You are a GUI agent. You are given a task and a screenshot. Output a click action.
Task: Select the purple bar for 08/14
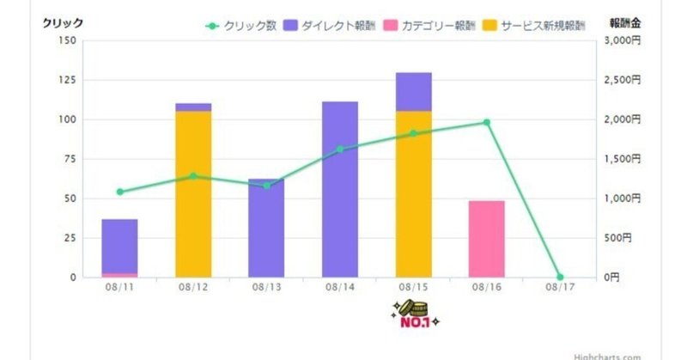click(339, 189)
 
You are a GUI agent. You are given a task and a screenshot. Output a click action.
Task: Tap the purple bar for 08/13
click(266, 228)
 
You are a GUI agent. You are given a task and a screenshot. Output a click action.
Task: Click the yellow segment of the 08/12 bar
click(193, 194)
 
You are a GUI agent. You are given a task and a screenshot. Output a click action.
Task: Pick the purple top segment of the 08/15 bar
click(413, 92)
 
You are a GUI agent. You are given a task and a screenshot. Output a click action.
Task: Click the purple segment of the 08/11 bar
click(119, 246)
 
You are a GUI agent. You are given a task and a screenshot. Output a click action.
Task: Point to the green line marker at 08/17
click(560, 277)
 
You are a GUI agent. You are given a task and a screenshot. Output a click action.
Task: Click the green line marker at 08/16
click(486, 123)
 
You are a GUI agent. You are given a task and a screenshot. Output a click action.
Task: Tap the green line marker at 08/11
click(119, 192)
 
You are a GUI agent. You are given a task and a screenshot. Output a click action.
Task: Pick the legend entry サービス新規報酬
click(542, 26)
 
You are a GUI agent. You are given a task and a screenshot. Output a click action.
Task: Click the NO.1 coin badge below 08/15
click(413, 314)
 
